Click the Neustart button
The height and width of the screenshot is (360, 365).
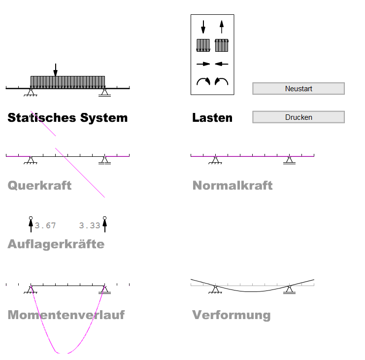pos(299,89)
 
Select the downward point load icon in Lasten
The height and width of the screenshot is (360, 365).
pos(203,27)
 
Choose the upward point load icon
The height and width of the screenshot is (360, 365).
pos(222,27)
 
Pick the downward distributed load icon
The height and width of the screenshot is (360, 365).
pos(203,45)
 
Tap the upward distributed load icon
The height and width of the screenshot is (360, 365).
pos(222,45)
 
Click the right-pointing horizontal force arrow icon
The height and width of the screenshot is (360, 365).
pos(203,64)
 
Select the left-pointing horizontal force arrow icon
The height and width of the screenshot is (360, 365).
pos(222,64)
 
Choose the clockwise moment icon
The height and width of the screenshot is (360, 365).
pos(203,81)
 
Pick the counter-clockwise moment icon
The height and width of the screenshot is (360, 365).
pos(222,81)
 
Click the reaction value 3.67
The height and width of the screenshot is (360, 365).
pos(45,225)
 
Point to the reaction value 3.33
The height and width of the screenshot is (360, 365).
pos(90,225)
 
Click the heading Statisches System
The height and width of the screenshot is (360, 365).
pos(67,118)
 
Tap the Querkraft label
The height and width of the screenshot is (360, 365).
pos(39,185)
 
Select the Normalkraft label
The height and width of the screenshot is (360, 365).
pos(232,185)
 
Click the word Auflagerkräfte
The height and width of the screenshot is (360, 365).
pos(56,244)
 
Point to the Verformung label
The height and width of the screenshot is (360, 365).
pos(232,315)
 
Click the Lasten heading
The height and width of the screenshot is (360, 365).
pos(212,118)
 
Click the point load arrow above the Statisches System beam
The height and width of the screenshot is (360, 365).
pos(55,70)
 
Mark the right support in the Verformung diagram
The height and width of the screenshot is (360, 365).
pos(289,290)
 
